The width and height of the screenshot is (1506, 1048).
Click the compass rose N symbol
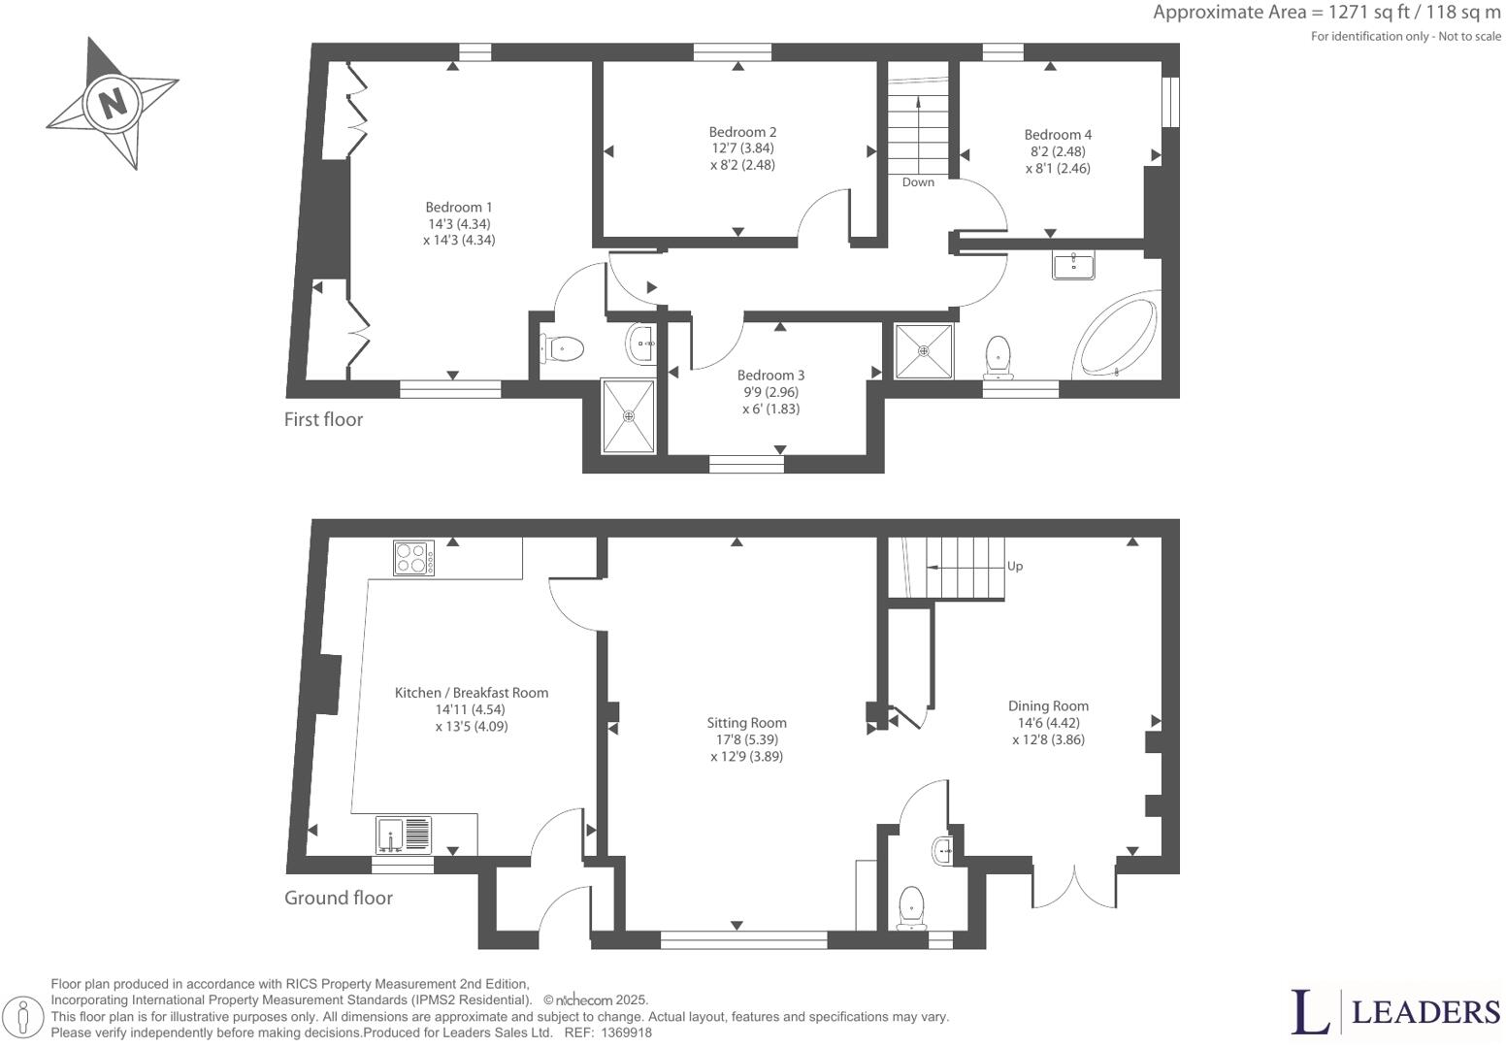[114, 102]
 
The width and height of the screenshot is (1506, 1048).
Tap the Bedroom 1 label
[459, 208]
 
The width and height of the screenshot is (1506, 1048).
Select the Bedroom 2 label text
[742, 132]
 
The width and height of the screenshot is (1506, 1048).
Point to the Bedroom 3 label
[770, 376]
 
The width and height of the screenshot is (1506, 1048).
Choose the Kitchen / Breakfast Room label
[471, 693]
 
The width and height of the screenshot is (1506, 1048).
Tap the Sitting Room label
[746, 723]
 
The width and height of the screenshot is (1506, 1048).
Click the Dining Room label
[1048, 706]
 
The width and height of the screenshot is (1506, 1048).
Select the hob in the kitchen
[413, 558]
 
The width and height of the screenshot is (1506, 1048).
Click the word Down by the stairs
[918, 182]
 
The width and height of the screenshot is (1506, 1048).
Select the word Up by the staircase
[1015, 566]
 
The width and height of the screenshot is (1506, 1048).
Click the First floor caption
[323, 419]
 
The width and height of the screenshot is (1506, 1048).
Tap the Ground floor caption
[338, 898]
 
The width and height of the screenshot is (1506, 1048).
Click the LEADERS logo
[1395, 1011]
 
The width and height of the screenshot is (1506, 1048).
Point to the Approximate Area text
[1326, 13]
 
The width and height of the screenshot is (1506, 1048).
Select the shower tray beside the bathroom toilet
[924, 351]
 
